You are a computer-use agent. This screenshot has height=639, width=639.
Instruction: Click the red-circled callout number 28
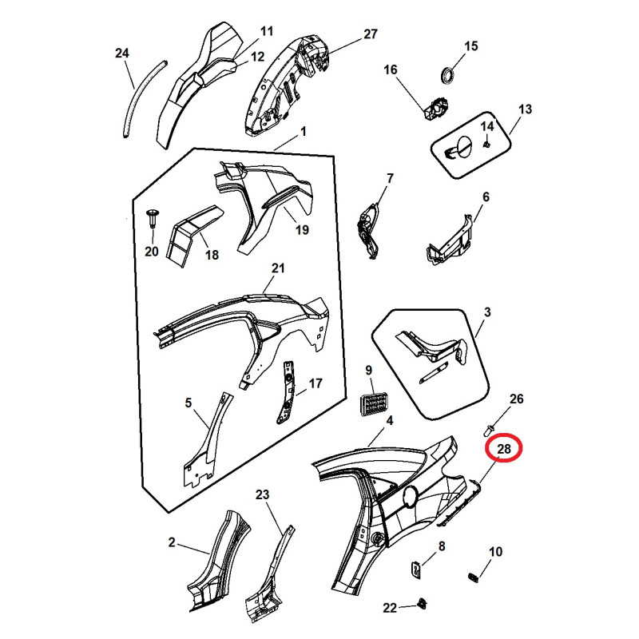[504, 449]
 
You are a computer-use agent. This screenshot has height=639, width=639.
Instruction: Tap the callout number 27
[370, 34]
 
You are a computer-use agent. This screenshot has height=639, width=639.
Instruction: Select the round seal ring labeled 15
[448, 75]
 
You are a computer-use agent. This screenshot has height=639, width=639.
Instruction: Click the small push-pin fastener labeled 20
[153, 219]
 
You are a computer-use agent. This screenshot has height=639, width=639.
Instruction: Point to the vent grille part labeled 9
[374, 405]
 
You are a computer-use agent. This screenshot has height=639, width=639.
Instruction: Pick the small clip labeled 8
[415, 569]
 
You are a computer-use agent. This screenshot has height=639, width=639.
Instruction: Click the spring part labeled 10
[472, 577]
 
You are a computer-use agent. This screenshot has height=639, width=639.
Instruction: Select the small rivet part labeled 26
[490, 430]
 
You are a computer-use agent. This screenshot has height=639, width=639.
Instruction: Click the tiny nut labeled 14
[486, 145]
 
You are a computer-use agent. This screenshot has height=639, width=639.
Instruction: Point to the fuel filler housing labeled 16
[435, 109]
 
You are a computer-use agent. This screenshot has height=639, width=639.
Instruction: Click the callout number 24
[122, 54]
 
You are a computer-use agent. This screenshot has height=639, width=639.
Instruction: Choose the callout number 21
[278, 268]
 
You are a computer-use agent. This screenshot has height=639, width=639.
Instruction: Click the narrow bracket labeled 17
[287, 392]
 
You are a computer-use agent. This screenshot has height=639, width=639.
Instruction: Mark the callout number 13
[525, 109]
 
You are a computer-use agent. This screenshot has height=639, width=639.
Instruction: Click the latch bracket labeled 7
[371, 230]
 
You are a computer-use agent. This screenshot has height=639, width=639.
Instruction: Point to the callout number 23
[263, 494]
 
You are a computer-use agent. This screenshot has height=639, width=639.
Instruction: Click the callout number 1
[304, 132]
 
